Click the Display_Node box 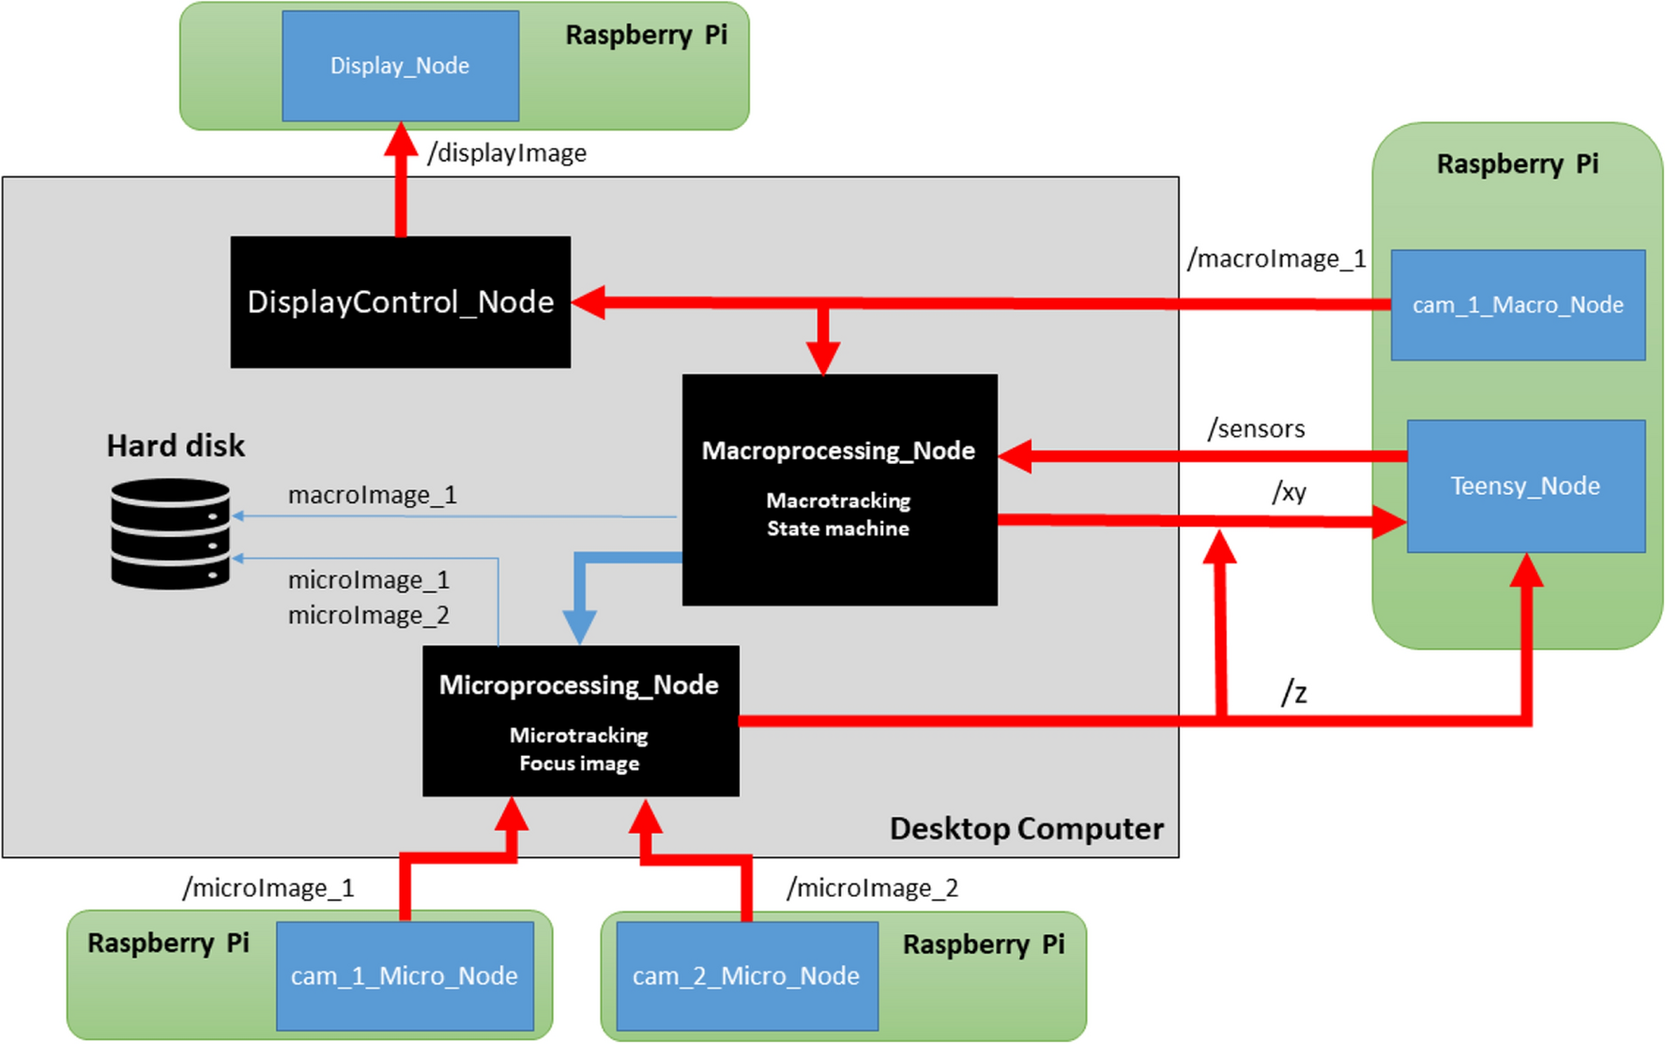pos(400,66)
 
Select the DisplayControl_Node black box pos(400,302)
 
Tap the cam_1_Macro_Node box pos(1518,305)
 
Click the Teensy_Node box pos(1525,486)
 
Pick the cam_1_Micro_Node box pos(405,976)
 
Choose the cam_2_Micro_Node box pos(746,976)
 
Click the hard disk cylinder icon pos(170,534)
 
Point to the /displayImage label pos(507,153)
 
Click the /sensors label pos(1256,429)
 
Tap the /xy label pos(1289,492)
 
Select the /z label pos(1294,693)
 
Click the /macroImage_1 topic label pos(1276,259)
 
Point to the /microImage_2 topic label pos(872,888)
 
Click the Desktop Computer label pos(1026,829)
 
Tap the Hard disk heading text pos(176,446)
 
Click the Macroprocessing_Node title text pos(838,451)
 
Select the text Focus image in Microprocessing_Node pos(579,763)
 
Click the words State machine pos(838,529)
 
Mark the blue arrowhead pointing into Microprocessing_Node pos(579,626)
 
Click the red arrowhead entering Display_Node pos(401,139)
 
